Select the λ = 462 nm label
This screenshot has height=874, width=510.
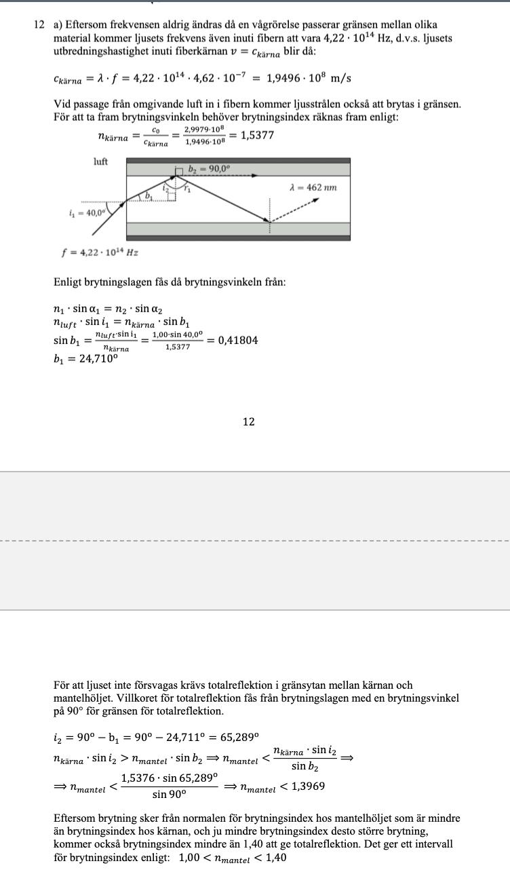(313, 187)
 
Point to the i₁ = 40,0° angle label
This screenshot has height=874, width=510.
(87, 212)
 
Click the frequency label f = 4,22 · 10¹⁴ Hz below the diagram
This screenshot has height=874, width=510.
(100, 252)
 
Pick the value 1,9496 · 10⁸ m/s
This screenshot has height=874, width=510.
(309, 78)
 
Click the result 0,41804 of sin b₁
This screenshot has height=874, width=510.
(237, 340)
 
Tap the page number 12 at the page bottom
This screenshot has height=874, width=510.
(249, 422)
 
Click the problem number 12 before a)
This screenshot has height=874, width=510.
(39, 25)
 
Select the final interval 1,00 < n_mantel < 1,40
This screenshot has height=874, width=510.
(233, 858)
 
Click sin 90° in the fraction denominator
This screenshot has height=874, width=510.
(169, 794)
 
